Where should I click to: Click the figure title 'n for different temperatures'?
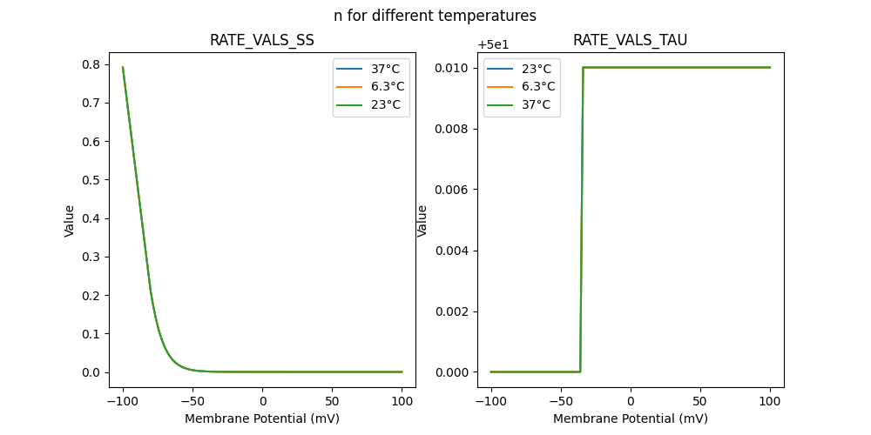(x=435, y=16)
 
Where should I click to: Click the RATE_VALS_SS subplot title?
(x=261, y=40)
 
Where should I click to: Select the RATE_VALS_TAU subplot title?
(x=630, y=40)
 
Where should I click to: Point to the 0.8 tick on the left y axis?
(x=91, y=64)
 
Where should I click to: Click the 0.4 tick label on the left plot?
(x=91, y=218)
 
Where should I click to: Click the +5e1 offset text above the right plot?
(x=493, y=44)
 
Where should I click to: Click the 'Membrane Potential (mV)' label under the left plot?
(x=261, y=418)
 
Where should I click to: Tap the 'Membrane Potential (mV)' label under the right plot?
(x=630, y=418)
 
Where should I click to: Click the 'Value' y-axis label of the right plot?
(x=422, y=221)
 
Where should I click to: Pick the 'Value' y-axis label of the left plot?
(x=70, y=221)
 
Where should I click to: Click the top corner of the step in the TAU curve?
(x=583, y=68)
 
